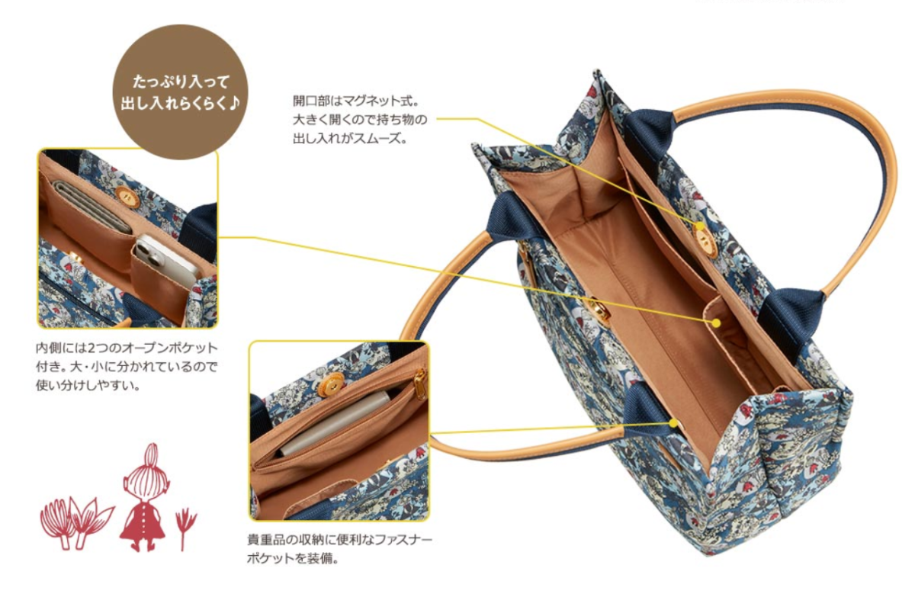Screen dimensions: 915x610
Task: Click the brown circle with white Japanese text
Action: tap(180, 92)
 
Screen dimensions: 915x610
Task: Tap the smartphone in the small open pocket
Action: tap(165, 259)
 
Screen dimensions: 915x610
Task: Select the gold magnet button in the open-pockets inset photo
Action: tap(124, 195)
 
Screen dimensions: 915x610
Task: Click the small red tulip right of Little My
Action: tap(185, 527)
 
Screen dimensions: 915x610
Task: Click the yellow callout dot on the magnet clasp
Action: tap(700, 226)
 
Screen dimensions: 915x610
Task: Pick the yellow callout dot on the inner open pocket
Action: tap(716, 323)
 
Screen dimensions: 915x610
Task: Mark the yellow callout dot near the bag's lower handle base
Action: tap(673, 423)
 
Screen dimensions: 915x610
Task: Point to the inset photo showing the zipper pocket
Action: tap(339, 431)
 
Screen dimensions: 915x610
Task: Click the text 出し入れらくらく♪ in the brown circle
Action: tap(180, 104)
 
